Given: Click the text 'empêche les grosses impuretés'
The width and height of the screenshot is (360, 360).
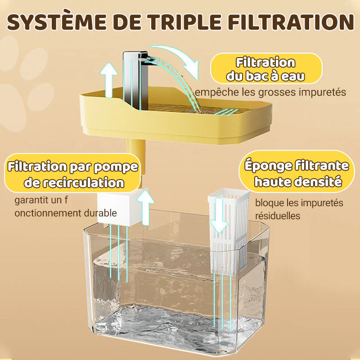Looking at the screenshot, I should tap(270, 93).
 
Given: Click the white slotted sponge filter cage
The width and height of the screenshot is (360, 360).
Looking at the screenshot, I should tap(228, 234).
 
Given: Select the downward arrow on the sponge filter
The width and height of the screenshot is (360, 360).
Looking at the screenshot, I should tap(219, 216).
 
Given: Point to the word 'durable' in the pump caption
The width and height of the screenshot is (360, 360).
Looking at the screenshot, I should tap(99, 213).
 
